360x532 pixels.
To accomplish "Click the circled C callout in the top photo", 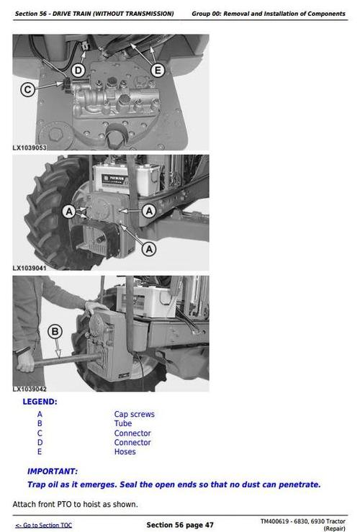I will pos(27,90).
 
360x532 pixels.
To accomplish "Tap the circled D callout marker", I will pos(78,70).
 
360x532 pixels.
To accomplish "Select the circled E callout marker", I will pos(158,70).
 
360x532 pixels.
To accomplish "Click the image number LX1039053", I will pos(30,148).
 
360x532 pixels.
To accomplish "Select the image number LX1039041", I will pos(30,269).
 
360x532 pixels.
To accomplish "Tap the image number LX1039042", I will pos(30,389).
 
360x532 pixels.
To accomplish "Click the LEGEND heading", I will pos(40,402).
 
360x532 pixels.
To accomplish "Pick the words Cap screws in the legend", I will pos(134,415).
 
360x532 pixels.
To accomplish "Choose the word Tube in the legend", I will pos(123,424).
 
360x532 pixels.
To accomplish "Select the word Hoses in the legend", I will pos(125,452).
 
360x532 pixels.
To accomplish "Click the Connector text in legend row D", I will pos(132,443).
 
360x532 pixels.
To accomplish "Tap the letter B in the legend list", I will pos(40,424).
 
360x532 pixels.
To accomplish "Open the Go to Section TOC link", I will pos(43,526).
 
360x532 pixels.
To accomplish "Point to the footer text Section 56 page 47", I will pos(180,525).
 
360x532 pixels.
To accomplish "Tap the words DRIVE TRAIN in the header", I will pos(87,14).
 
